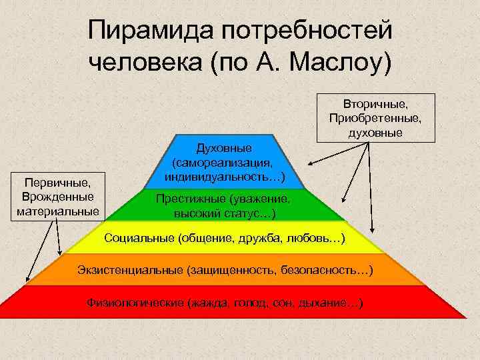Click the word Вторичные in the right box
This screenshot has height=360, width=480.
click(375, 105)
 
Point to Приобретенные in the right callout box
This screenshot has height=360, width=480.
click(375, 118)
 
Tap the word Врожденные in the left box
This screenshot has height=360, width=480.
click(57, 197)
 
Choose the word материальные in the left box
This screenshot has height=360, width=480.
click(57, 211)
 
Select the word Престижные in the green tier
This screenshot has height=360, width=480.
click(190, 199)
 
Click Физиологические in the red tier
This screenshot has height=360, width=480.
click(136, 303)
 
